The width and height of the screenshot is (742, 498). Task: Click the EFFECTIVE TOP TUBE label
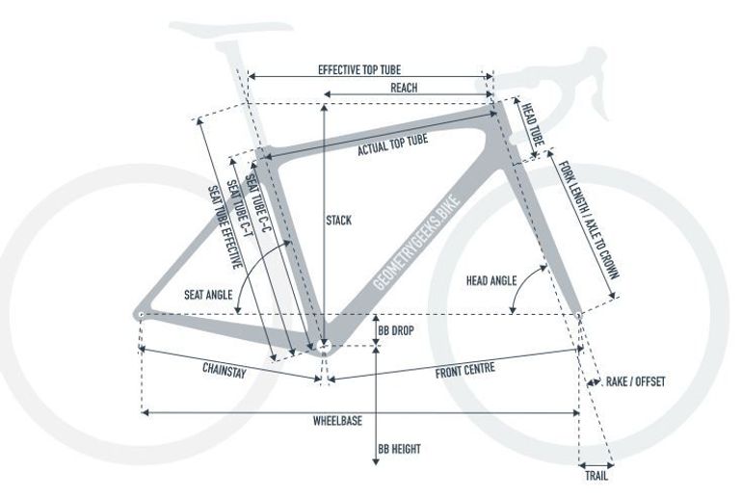click(x=359, y=70)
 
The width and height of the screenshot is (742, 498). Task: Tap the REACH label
click(x=404, y=88)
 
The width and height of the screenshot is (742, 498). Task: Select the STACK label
click(x=339, y=221)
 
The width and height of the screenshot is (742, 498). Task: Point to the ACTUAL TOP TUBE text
click(x=393, y=144)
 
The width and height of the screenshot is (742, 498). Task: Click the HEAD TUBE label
click(x=533, y=124)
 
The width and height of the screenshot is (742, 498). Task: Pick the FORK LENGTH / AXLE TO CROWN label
click(x=589, y=220)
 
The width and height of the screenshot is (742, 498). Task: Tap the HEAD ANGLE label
click(x=491, y=281)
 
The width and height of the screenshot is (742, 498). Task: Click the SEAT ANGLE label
click(x=208, y=295)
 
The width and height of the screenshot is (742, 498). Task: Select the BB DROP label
click(x=396, y=330)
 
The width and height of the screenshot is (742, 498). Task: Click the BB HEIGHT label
click(x=399, y=449)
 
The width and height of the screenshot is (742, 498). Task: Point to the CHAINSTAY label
click(x=225, y=370)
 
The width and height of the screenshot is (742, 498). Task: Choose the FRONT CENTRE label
click(x=465, y=370)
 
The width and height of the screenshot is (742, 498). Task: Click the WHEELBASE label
click(x=337, y=421)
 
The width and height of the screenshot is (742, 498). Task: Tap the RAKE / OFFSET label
click(x=636, y=381)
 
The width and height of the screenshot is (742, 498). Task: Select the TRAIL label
click(x=596, y=476)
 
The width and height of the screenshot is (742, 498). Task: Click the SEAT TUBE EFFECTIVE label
click(x=225, y=227)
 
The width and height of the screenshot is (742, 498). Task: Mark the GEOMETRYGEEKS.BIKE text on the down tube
click(x=416, y=242)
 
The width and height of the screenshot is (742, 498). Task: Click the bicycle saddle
click(x=231, y=28)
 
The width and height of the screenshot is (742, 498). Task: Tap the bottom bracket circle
click(x=324, y=347)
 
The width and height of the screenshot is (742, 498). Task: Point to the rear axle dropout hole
click(x=141, y=315)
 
